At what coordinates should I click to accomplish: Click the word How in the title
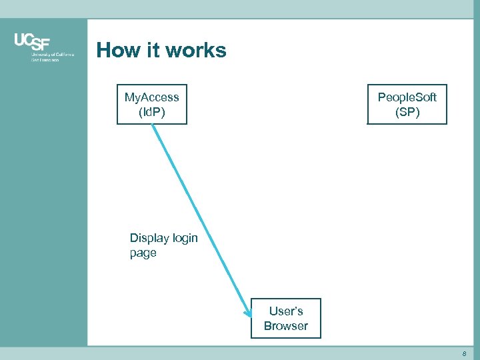pos(119,51)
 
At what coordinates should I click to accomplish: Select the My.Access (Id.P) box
pos(152,105)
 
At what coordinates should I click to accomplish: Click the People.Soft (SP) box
pos(407,105)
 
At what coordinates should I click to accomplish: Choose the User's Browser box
pos(285,319)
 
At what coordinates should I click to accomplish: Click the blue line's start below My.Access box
pos(153,127)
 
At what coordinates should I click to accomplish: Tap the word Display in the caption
pos(150,238)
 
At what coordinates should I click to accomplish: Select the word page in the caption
pos(143,253)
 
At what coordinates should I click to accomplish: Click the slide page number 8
pos(465,353)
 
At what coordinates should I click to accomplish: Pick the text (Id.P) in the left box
pos(152,112)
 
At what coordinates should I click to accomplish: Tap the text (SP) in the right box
pos(407,112)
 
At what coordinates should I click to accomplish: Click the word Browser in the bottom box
pos(285,326)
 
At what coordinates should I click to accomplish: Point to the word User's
pos(286,311)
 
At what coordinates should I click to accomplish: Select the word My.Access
pos(152,97)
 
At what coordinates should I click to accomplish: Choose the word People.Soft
pos(407,97)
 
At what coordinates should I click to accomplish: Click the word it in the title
pos(152,51)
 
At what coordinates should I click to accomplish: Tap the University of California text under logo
pos(53,55)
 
